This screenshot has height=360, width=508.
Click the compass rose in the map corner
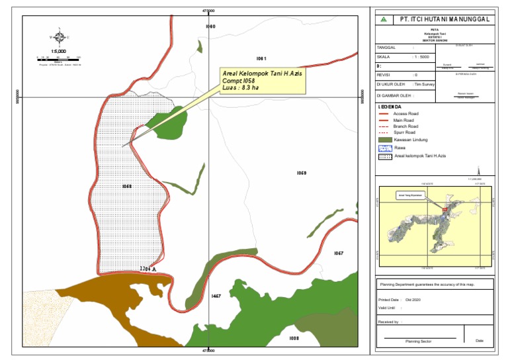(x=60, y=38)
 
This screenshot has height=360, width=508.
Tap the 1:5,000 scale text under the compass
(x=58, y=51)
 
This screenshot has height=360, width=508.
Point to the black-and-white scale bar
(x=59, y=58)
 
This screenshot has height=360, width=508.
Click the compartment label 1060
(x=210, y=26)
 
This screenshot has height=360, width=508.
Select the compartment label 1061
(x=261, y=58)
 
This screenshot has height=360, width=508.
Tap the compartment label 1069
(x=301, y=173)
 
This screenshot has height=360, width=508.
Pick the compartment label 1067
(x=338, y=253)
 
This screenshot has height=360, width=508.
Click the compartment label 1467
(x=216, y=296)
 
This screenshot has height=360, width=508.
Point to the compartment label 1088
(x=294, y=337)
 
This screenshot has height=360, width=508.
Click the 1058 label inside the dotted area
(x=127, y=187)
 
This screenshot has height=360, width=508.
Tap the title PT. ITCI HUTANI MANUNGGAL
(x=445, y=19)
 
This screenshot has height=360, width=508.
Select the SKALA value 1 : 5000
(x=423, y=58)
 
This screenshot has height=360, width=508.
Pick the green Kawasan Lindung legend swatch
(x=385, y=140)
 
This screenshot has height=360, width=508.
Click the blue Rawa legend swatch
(x=385, y=148)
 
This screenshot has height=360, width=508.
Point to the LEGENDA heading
(x=390, y=106)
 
